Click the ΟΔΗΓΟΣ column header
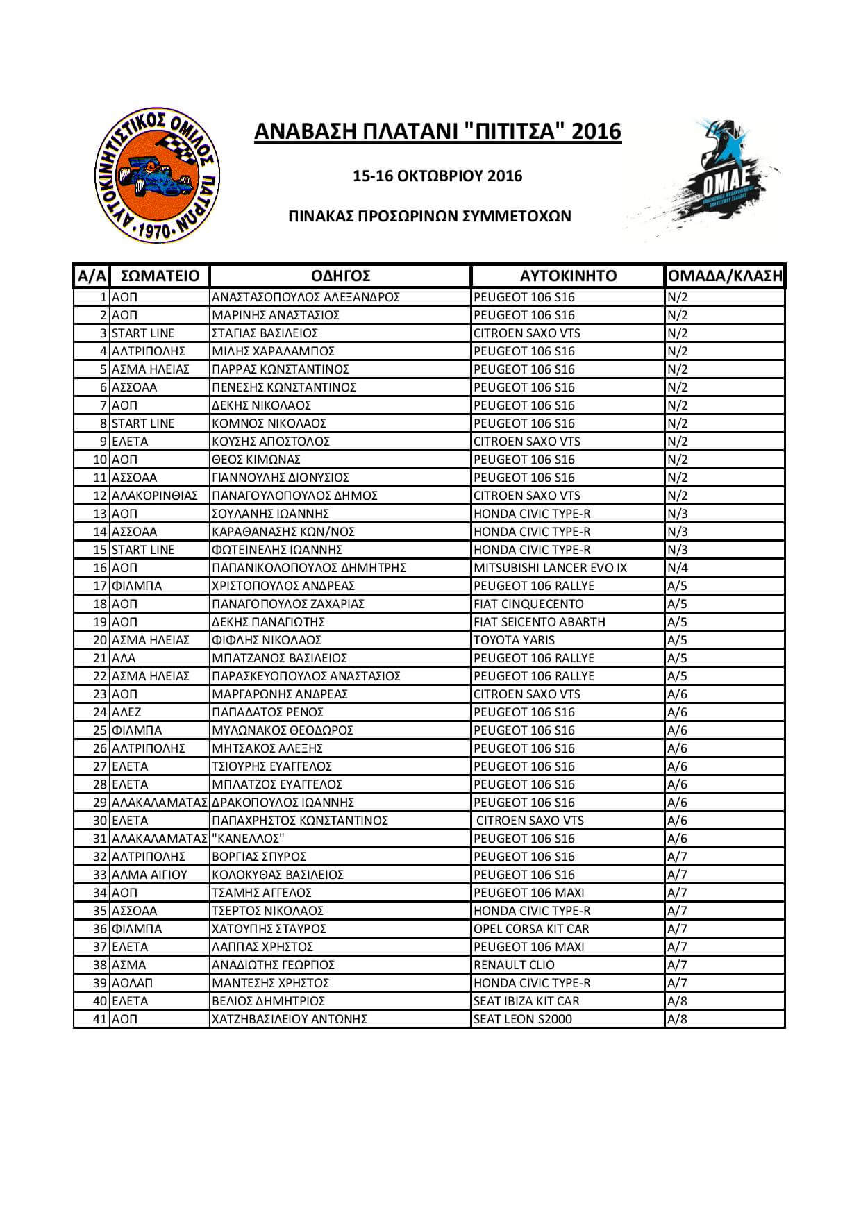(x=340, y=276)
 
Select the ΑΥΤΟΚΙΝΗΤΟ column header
(x=568, y=276)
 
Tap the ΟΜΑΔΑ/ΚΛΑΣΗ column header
(x=724, y=276)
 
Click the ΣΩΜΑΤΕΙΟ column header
(x=160, y=276)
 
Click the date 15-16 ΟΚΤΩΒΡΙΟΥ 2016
(x=437, y=176)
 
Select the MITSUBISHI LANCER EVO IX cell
(x=550, y=568)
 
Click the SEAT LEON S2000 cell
(x=523, y=1019)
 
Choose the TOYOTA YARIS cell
(x=514, y=640)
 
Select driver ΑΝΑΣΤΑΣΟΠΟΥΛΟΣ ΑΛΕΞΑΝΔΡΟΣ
(x=306, y=297)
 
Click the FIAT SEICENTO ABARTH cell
(x=540, y=622)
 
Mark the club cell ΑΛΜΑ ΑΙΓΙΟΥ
(x=150, y=875)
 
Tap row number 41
(x=101, y=1019)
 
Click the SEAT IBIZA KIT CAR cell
(x=526, y=1001)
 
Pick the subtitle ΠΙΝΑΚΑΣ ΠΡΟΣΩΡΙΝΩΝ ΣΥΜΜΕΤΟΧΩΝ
(x=430, y=216)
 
